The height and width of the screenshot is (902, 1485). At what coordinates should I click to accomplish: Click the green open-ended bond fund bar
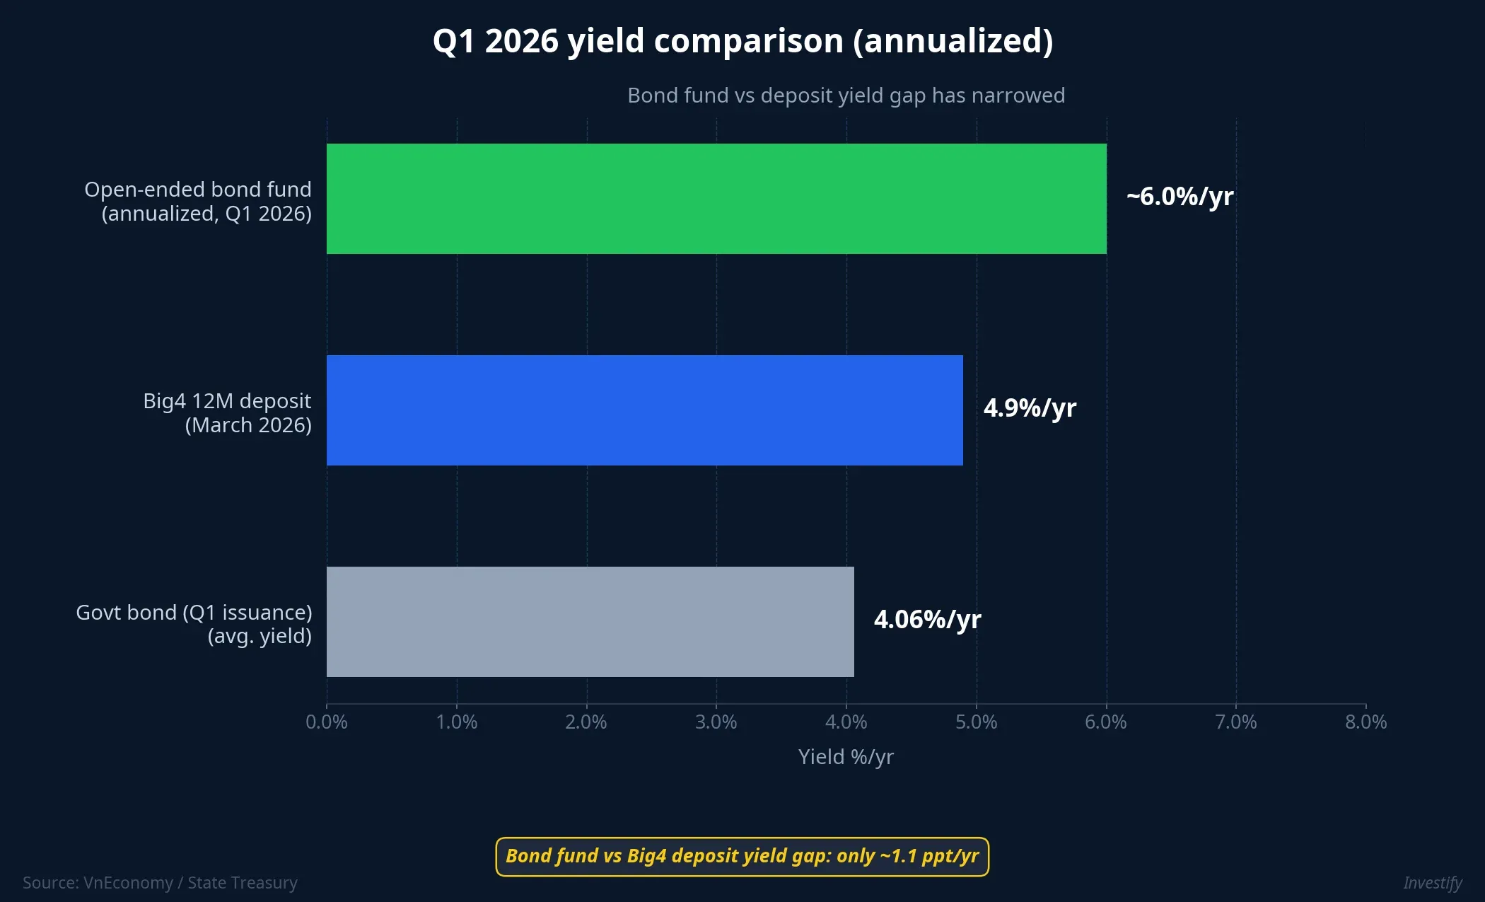click(x=716, y=199)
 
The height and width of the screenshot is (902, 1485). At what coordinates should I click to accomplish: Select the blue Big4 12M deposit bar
click(x=644, y=410)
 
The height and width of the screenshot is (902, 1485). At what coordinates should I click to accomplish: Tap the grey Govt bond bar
click(x=590, y=621)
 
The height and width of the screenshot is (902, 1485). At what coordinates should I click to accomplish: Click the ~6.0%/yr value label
click(x=1180, y=197)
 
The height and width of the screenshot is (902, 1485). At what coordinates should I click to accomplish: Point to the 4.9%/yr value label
click(x=1030, y=408)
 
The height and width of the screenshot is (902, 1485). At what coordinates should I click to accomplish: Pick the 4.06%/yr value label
click(x=927, y=620)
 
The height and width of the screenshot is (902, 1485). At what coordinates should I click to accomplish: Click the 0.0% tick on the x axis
click(x=327, y=722)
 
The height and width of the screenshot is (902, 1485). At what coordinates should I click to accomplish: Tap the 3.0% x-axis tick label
click(x=716, y=722)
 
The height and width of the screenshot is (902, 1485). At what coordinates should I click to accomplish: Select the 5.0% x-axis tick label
click(x=976, y=722)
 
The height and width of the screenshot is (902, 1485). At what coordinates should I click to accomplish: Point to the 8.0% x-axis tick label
click(x=1365, y=722)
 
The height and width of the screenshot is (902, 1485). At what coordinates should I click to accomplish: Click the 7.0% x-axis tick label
click(x=1235, y=722)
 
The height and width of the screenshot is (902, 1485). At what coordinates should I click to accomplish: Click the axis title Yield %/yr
click(x=846, y=757)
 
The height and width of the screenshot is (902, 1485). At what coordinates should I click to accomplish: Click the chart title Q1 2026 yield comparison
click(x=742, y=41)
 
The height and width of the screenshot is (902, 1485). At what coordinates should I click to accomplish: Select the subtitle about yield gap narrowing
click(x=846, y=96)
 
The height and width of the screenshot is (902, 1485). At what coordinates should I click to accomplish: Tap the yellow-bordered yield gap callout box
click(x=742, y=857)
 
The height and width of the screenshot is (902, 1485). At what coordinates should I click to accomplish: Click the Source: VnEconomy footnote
click(x=160, y=883)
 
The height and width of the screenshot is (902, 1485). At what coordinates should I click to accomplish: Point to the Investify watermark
click(x=1432, y=883)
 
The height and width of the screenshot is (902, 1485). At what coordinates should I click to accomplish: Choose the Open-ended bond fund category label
click(x=198, y=202)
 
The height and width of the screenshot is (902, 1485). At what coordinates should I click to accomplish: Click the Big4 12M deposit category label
click(x=227, y=413)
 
